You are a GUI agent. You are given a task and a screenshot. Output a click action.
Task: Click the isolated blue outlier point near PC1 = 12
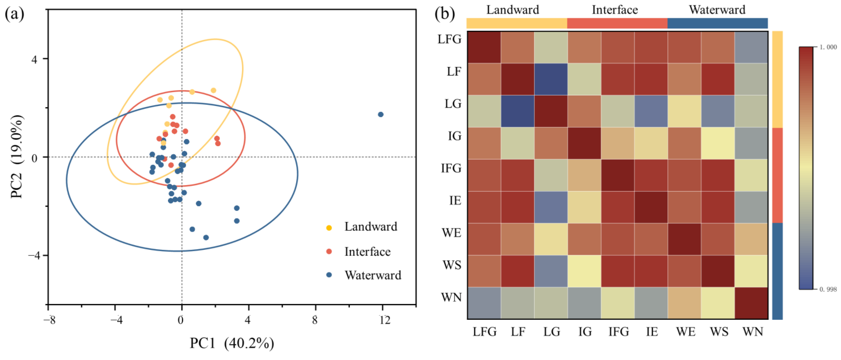[380, 115]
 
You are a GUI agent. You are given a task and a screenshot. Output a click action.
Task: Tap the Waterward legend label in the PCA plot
[373, 275]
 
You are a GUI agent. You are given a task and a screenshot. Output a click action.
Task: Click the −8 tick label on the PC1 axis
[49, 320]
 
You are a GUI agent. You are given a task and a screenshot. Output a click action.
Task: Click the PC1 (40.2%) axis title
[232, 343]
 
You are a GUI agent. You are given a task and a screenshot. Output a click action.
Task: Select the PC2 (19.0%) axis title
[17, 157]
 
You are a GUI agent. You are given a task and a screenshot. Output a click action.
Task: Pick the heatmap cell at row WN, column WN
[751, 303]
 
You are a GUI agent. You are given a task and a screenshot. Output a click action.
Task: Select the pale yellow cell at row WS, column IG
[584, 271]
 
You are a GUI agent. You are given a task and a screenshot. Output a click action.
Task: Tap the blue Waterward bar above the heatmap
[717, 23]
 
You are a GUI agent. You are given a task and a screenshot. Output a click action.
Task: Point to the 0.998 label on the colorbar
[828, 289]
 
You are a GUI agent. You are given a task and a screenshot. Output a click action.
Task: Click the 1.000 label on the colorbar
[828, 47]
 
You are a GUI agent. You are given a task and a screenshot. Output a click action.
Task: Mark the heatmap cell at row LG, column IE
[651, 111]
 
